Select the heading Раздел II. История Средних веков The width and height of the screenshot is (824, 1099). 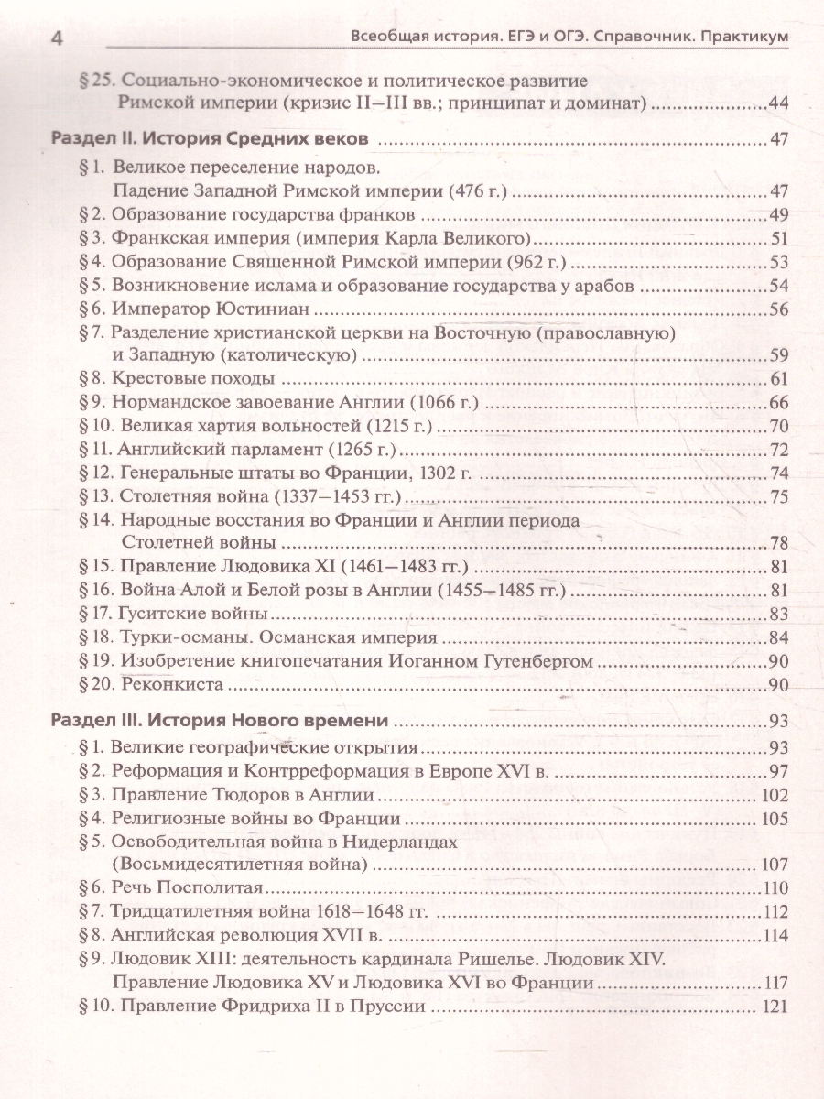click(210, 141)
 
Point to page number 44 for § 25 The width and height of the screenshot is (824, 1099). click(779, 104)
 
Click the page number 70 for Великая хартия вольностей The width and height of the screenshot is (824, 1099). click(779, 426)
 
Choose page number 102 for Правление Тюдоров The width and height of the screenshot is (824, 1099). click(775, 794)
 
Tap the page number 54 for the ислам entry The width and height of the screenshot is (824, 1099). click(779, 286)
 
